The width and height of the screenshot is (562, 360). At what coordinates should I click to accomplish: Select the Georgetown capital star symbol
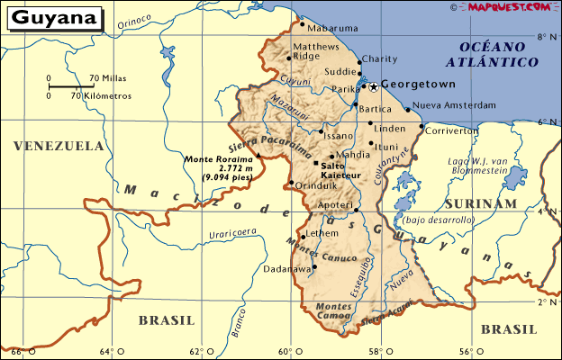[373, 85]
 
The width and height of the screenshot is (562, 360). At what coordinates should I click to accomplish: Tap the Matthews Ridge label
[319, 49]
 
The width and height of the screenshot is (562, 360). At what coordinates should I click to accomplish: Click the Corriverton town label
[451, 130]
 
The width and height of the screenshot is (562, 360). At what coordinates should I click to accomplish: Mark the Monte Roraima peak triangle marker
[258, 155]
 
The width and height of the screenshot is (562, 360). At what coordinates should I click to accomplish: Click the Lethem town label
[322, 233]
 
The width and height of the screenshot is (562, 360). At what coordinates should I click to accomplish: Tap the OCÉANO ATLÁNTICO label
[497, 54]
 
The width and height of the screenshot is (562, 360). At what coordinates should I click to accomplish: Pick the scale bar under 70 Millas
[68, 86]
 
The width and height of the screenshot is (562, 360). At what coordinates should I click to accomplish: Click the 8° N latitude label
[543, 37]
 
